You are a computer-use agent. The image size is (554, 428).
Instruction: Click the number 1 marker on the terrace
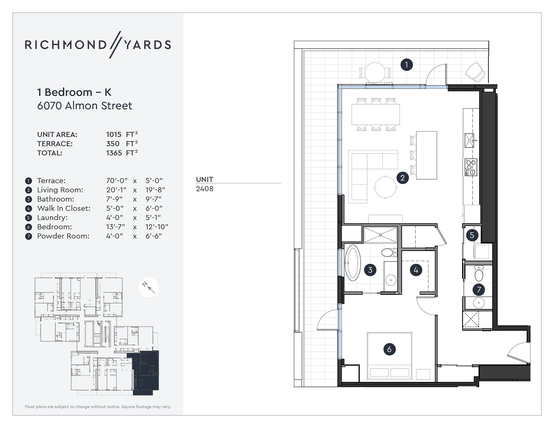406,65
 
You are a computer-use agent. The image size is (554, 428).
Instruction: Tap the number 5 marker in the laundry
472,235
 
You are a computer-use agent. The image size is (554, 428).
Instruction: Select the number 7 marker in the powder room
479,290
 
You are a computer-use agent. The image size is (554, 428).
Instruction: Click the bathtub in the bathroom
353,263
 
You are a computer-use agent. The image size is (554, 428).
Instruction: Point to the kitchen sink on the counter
469,140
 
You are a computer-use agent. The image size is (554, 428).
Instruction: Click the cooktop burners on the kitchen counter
471,167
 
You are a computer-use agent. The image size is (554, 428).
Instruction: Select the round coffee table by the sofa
385,187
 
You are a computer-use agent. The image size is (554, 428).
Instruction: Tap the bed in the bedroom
389,356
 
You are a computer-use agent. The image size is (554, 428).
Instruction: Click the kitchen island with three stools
426,155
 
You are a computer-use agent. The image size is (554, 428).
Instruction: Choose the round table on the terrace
375,73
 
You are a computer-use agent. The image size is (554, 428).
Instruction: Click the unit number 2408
205,189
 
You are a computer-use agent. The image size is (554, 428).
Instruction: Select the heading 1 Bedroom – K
74,92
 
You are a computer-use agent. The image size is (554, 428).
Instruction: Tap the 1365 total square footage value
114,153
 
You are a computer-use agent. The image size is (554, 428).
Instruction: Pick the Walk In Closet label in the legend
64,208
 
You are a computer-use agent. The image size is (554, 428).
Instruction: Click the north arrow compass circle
148,287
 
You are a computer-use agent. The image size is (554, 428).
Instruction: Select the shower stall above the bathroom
380,235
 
